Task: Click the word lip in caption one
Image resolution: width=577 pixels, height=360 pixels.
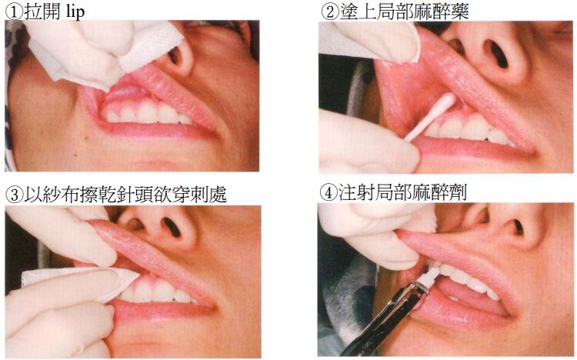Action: [x=75, y=12]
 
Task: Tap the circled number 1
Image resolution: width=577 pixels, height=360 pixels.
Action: [x=14, y=12]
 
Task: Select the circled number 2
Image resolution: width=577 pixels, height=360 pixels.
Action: [x=330, y=12]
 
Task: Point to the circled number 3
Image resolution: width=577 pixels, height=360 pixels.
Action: [x=14, y=195]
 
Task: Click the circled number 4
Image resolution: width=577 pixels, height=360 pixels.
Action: [x=328, y=193]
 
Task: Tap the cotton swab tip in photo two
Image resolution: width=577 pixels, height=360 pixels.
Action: [x=447, y=102]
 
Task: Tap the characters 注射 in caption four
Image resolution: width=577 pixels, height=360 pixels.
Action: [x=356, y=193]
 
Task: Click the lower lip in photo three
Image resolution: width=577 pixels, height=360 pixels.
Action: [x=162, y=309]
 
